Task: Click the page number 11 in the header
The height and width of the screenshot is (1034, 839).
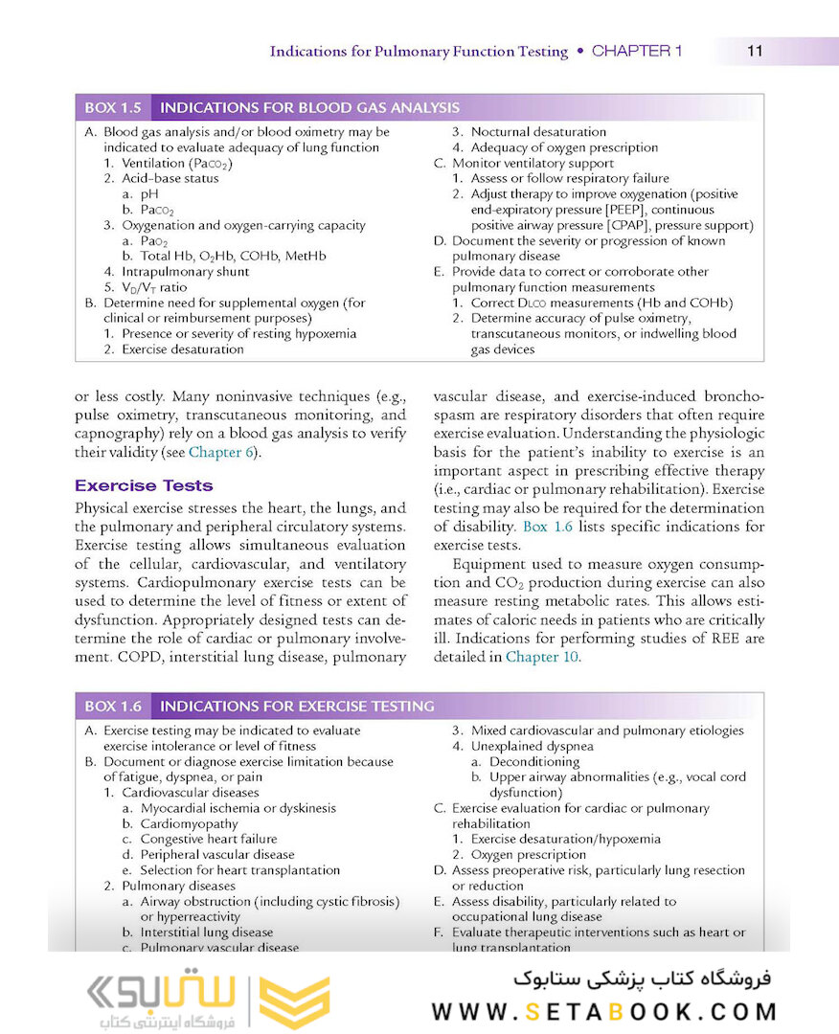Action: tap(755, 52)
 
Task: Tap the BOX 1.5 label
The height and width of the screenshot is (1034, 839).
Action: tap(113, 108)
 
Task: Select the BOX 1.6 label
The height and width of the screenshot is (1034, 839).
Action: tap(113, 707)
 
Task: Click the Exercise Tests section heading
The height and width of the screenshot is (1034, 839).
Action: tap(144, 485)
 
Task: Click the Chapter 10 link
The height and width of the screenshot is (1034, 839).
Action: tap(542, 657)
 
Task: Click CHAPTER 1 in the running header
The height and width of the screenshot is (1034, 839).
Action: tap(637, 52)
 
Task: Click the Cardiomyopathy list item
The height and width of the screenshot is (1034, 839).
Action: tap(189, 823)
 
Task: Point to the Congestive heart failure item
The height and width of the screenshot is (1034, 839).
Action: tap(209, 839)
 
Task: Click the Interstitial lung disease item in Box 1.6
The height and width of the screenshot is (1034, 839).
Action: tap(206, 932)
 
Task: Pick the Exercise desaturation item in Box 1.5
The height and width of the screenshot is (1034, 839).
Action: tap(182, 349)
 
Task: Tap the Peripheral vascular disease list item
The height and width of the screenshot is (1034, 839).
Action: tap(217, 854)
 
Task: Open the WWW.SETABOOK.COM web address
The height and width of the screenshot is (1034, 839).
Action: tap(603, 1012)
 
